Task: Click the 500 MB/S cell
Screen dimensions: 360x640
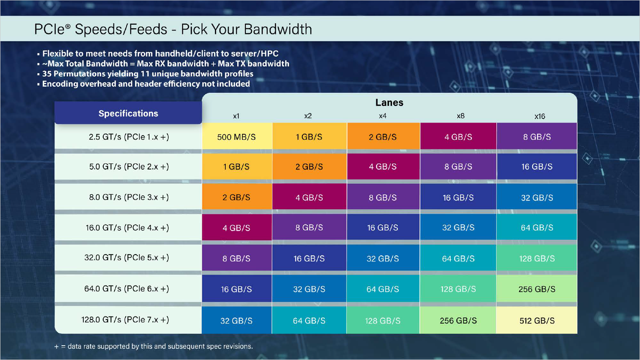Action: (x=236, y=137)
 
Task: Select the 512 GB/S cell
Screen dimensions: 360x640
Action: (x=537, y=321)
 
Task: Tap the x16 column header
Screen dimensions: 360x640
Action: (x=539, y=116)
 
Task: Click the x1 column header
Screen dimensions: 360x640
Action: (x=236, y=116)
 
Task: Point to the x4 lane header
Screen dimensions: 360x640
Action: (x=382, y=116)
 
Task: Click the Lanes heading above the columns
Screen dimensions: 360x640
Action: (x=389, y=103)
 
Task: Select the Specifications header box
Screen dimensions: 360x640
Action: (x=128, y=113)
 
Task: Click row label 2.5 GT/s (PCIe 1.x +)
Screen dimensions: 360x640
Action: (x=129, y=137)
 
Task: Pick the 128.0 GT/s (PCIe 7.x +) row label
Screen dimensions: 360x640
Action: (x=125, y=320)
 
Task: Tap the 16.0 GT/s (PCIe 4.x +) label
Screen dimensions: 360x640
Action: (x=127, y=228)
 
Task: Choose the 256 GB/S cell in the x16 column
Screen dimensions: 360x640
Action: (x=537, y=289)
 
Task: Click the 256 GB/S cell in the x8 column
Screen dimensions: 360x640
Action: (x=458, y=321)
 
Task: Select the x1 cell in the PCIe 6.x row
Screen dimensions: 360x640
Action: (x=236, y=289)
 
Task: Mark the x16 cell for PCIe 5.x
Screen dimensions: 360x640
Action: (x=537, y=258)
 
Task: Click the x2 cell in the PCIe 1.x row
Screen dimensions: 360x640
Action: (x=309, y=137)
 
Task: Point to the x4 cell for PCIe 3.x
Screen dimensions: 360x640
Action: (x=382, y=197)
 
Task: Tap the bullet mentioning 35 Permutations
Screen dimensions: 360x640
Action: (x=147, y=74)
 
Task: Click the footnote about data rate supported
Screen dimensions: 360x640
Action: (x=153, y=346)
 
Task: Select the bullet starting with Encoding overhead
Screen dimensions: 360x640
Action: (x=146, y=84)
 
